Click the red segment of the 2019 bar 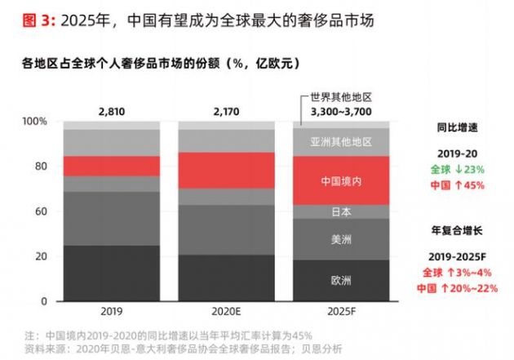coord(112,166)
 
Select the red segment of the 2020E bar coord(227,170)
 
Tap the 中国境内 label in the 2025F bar coord(341,180)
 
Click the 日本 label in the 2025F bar coord(341,211)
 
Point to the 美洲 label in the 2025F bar coord(341,239)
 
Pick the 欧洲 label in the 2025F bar coord(341,280)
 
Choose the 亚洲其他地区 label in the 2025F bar coord(341,141)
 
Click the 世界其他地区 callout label coord(340,96)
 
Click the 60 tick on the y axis coord(43,211)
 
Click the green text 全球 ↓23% coord(457,169)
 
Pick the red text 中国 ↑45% coord(457,184)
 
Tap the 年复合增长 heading coord(457,230)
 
